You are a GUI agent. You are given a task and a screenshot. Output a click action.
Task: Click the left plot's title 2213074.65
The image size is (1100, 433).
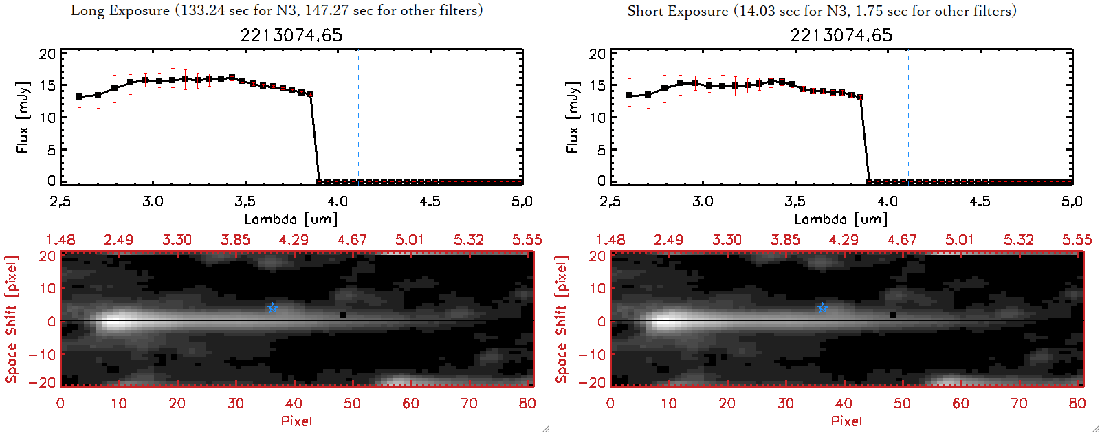click(291, 35)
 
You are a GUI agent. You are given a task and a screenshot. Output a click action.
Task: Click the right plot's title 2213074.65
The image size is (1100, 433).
click(841, 35)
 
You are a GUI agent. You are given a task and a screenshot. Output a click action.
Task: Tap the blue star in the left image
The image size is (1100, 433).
click(273, 307)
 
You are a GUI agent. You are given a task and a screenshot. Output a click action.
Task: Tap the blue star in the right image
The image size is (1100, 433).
click(823, 307)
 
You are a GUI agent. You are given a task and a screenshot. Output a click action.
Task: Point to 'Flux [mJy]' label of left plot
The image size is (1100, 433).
click(23, 118)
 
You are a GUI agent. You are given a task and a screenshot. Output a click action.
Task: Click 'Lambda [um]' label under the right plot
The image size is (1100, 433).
click(841, 219)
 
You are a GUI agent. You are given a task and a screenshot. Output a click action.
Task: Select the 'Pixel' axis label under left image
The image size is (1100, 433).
click(296, 421)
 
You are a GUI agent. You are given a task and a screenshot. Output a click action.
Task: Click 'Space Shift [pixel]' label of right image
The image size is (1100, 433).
click(562, 320)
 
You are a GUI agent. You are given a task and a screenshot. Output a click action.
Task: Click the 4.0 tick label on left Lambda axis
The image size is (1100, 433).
click(338, 201)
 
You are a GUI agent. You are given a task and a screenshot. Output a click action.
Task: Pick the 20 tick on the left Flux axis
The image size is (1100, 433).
click(47, 54)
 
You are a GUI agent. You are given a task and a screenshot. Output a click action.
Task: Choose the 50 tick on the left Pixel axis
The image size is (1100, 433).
click(352, 403)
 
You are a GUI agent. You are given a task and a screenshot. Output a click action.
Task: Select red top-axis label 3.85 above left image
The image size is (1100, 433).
click(235, 240)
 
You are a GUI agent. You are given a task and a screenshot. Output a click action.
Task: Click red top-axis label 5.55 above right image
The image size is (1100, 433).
click(1077, 240)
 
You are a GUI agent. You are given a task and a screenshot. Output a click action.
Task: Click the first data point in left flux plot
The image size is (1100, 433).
click(80, 97)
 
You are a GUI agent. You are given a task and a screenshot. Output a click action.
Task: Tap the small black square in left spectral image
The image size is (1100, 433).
click(342, 315)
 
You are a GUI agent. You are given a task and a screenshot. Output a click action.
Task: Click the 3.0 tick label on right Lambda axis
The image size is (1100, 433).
click(703, 201)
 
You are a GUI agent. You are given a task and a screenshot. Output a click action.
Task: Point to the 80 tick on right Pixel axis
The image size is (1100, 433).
click(1077, 403)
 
